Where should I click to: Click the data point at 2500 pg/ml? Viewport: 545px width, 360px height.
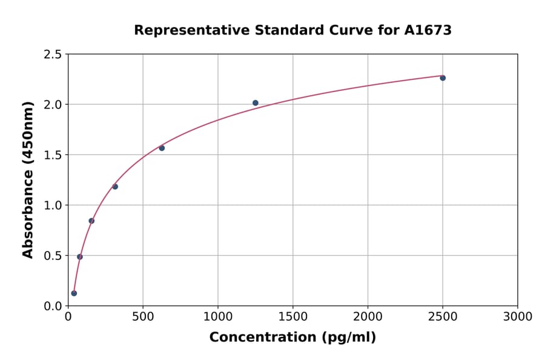pos(443,78)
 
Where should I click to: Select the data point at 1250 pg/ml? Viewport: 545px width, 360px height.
pos(256,103)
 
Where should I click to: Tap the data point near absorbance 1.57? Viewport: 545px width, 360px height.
pos(162,148)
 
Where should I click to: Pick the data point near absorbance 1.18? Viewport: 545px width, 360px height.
pos(115,187)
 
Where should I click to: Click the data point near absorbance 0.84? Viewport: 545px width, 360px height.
pos(91,221)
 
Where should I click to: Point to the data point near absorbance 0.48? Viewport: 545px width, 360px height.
pos(80,257)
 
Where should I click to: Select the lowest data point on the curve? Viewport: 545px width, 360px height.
pos(74,293)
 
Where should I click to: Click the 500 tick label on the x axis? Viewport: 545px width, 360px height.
pos(143,317)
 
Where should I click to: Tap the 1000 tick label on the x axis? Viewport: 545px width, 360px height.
pos(218,317)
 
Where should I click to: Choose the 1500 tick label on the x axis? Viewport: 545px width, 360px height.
pos(293,317)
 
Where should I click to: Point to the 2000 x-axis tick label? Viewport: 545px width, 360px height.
pos(368,317)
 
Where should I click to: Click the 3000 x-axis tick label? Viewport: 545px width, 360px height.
pos(518,317)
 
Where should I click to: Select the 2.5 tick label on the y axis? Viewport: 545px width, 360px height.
pos(52,55)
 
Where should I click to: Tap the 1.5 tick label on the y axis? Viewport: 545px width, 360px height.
pos(52,155)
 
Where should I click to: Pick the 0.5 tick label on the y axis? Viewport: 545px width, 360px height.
pos(52,256)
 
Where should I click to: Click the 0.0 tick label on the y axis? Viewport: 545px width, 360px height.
pos(52,306)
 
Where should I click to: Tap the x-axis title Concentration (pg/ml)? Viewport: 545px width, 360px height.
pos(292,338)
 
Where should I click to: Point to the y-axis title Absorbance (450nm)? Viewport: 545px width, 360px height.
pos(28,180)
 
